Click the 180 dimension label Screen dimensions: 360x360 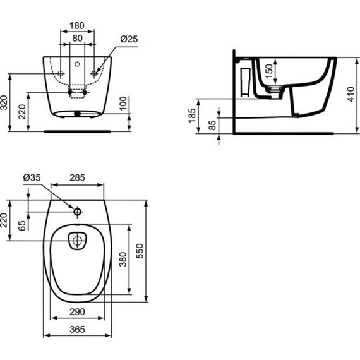click(x=76, y=26)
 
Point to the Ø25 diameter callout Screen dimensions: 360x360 click(x=129, y=39)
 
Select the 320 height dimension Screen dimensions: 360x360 click(x=5, y=102)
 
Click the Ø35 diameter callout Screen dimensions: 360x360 click(x=32, y=179)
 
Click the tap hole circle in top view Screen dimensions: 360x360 click(x=77, y=212)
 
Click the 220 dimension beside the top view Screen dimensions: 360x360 click(x=5, y=221)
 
